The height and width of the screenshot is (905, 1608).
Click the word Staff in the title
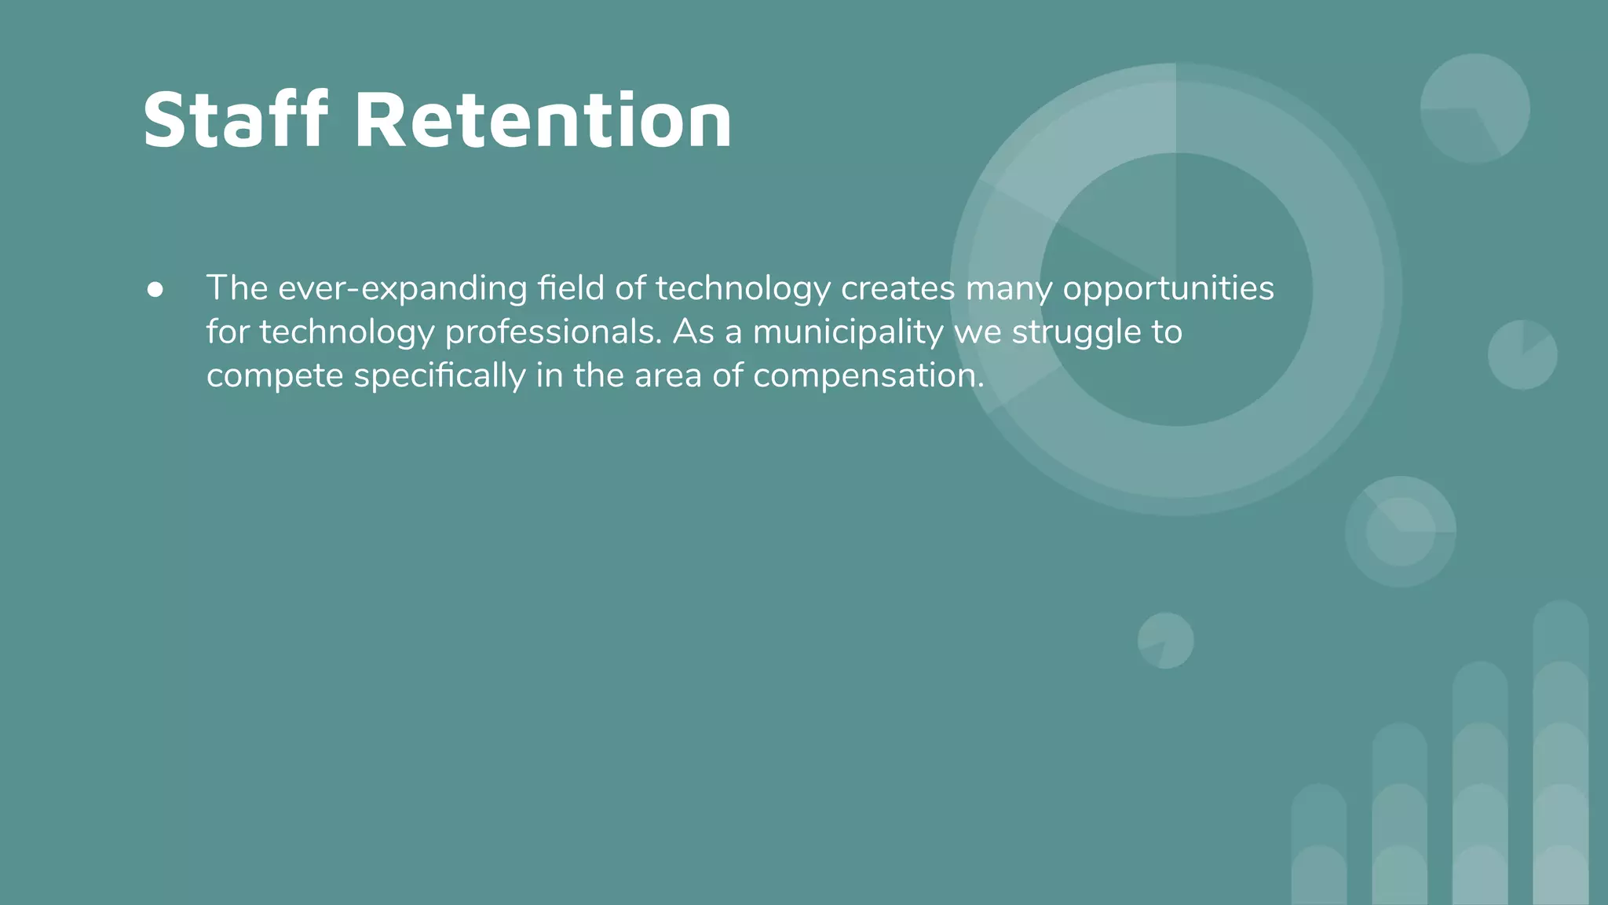click(235, 119)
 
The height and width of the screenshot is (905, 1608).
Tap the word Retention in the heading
click(543, 119)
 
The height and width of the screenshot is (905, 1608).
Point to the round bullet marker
click(155, 290)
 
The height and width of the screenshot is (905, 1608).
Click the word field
click(572, 288)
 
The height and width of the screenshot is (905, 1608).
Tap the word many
click(1009, 289)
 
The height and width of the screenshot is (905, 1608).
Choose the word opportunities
click(1168, 289)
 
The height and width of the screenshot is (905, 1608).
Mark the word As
click(693, 332)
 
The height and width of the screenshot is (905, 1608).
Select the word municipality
click(848, 332)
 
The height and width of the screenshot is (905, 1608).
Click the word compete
click(275, 376)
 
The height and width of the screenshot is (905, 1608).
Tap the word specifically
click(440, 376)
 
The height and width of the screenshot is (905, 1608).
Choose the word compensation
click(868, 376)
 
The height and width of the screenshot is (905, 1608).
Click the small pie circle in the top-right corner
click(1475, 108)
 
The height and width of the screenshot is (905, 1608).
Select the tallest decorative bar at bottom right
click(1560, 754)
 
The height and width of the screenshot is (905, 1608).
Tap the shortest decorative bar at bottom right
click(1319, 845)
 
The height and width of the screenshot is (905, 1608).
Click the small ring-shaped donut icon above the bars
click(1401, 532)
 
